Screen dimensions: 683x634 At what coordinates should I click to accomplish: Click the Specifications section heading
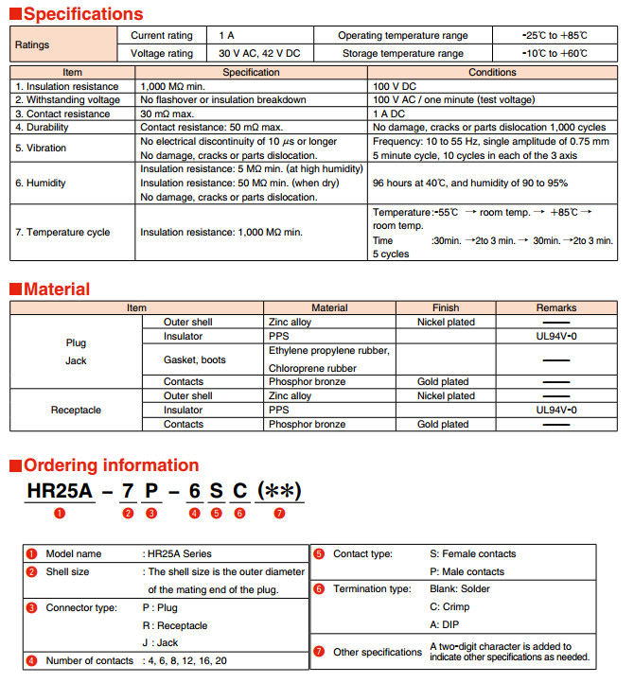83,13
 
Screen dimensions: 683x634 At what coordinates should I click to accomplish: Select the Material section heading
57,289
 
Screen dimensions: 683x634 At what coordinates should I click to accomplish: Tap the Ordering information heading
111,464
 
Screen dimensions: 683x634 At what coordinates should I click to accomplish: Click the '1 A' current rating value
226,35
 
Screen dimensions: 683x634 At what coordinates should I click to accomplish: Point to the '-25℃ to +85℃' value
555,35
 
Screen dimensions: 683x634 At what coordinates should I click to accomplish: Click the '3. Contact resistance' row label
63,114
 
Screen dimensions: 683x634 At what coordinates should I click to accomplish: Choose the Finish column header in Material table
445,307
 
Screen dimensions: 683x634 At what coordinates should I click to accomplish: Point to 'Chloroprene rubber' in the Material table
312,367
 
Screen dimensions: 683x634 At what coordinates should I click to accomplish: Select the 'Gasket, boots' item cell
195,359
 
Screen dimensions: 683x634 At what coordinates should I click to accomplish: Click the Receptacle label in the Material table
75,411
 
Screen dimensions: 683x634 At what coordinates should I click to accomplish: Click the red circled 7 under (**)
279,513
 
